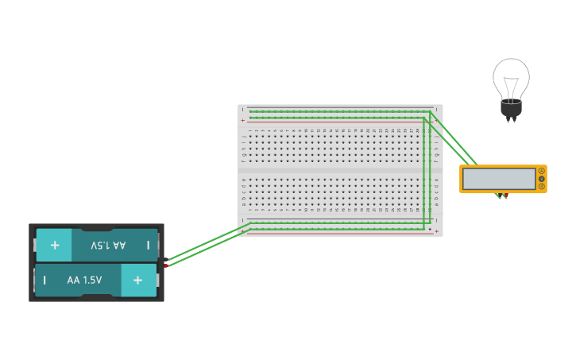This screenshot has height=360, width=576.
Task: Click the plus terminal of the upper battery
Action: coord(54,246)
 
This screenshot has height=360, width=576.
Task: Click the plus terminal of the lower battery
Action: coord(138,280)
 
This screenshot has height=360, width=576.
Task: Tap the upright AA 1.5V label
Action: coord(84,280)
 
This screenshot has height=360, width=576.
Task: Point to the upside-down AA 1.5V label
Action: coord(108,246)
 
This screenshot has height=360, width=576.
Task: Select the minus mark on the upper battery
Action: coord(149,246)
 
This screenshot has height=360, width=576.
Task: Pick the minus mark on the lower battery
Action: coord(44,280)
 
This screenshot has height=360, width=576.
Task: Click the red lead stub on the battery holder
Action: coord(166,264)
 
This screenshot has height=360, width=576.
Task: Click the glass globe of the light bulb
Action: coord(510,78)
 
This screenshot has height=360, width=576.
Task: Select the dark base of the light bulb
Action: coord(510,109)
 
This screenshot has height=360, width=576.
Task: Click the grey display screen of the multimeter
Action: coord(499,179)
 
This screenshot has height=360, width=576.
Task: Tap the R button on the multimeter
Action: coord(542,187)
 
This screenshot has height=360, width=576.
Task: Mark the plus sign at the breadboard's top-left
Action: coord(243,119)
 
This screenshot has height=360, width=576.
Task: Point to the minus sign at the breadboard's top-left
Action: coord(243,110)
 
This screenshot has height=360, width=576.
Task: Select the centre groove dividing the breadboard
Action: coord(340,170)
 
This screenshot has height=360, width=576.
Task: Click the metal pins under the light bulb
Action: coord(510,120)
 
